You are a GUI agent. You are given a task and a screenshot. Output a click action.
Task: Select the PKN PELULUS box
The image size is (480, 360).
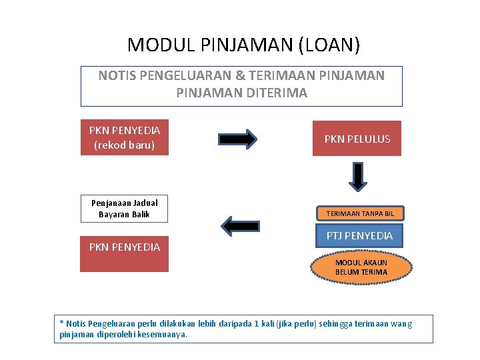tap(357, 139)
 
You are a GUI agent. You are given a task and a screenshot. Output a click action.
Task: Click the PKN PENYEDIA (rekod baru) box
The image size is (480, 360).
tap(125, 137)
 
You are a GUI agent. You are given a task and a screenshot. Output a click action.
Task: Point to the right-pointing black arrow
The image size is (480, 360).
tap(237, 139)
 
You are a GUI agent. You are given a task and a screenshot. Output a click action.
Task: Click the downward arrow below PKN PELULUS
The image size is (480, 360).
tap(359, 177)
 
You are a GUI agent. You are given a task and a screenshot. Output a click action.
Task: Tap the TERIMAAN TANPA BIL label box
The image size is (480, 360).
tap(360, 213)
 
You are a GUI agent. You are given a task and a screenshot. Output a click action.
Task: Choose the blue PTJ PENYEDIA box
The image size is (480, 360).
tap(359, 235)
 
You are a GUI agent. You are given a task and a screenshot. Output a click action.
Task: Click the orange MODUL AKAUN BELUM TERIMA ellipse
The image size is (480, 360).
tap(361, 267)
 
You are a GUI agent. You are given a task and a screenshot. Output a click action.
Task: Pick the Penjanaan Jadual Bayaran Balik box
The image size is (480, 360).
tap(124, 209)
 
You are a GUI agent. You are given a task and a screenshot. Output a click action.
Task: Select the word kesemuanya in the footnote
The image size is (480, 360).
tap(161, 334)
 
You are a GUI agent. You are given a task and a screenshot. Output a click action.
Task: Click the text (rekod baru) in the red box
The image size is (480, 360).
tap(125, 145)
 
